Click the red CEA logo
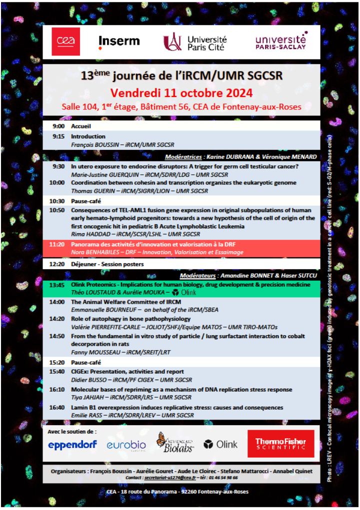tap(65, 41)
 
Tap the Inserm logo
tap(119, 41)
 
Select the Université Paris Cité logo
tap(195, 42)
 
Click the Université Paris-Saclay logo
tap(281, 41)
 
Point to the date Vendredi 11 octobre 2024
tap(181, 93)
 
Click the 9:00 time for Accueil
tap(58, 126)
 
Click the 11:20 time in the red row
tap(57, 244)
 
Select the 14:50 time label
tap(57, 336)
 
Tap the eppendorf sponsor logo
tap(72, 445)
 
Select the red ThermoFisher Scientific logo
tap(281, 444)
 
